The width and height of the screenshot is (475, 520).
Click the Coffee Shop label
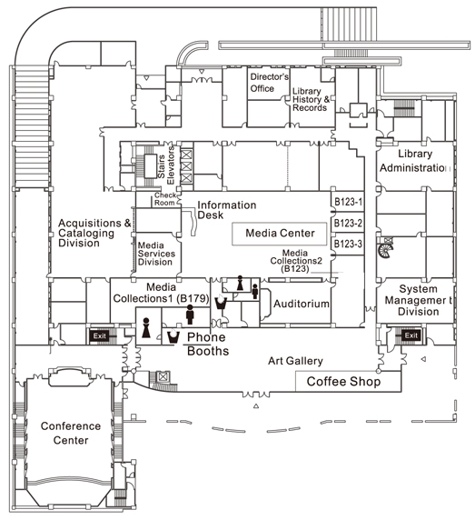point(343,382)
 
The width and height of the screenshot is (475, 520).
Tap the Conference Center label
point(71,433)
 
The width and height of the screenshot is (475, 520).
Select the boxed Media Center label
point(280,233)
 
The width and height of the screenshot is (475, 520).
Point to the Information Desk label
point(226,210)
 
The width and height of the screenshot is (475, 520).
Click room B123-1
point(348,202)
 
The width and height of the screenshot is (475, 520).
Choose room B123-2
point(348,224)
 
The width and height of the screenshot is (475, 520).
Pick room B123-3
point(348,244)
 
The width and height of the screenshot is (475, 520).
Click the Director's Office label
point(270,83)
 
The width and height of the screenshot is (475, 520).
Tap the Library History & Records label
point(312,99)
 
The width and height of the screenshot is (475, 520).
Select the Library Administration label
point(415,161)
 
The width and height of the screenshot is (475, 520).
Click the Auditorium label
point(302,304)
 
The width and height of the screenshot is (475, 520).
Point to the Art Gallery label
point(295,361)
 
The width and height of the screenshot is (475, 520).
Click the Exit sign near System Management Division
point(411,335)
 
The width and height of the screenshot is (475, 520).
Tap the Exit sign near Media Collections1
point(99,336)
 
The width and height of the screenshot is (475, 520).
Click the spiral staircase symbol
point(386,248)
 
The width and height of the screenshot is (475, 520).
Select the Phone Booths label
point(208,344)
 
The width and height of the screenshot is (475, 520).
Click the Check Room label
point(165,199)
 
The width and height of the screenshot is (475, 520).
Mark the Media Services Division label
point(156,254)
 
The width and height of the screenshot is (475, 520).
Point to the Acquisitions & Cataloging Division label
point(94,233)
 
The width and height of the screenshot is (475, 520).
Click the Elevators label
point(171,165)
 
